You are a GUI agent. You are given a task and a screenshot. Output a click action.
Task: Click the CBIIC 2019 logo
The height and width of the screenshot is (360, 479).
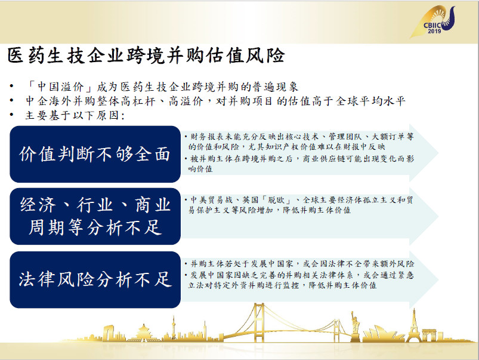pyautogui.click(x=433, y=22)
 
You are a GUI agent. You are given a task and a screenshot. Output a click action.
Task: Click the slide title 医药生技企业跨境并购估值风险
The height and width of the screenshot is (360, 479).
pyautogui.click(x=146, y=56)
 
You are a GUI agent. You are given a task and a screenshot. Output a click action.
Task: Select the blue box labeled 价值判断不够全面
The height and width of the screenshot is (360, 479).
pyautogui.click(x=95, y=154)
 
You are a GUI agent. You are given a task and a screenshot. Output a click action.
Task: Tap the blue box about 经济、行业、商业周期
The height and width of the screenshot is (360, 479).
pyautogui.click(x=95, y=216)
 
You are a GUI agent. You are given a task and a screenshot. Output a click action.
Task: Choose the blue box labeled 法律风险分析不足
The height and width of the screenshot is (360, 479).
pyautogui.click(x=95, y=279)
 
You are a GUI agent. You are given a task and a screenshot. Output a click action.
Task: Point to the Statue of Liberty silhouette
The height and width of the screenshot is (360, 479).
pyautogui.click(x=355, y=326)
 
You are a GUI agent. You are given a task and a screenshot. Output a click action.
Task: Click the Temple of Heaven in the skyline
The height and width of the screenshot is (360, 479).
pyautogui.click(x=143, y=333)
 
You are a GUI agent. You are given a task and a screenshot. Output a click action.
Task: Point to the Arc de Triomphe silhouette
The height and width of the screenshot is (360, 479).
pyautogui.click(x=429, y=335)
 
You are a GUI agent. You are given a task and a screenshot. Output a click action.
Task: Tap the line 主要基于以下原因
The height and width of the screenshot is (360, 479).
pyautogui.click(x=75, y=115)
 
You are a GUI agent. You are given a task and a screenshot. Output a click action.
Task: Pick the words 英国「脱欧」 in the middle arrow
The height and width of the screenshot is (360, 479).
pyautogui.click(x=266, y=200)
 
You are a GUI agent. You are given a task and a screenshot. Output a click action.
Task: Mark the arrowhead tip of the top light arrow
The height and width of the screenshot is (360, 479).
pyautogui.click(x=438, y=152)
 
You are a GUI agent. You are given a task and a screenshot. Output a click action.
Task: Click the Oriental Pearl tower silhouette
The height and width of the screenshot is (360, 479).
pyautogui.click(x=174, y=328)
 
